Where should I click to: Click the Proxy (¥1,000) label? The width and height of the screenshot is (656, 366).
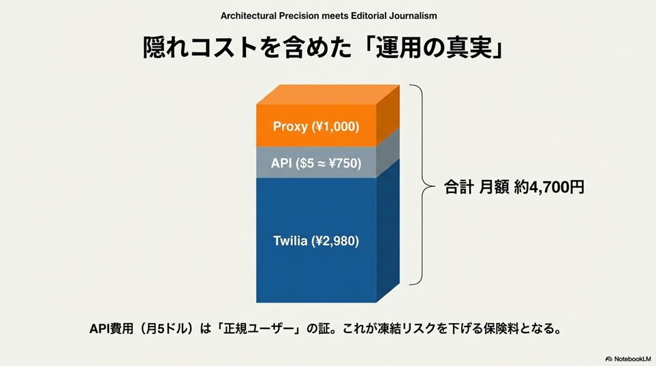tap(316, 126)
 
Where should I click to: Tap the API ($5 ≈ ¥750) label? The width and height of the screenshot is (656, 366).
tap(316, 163)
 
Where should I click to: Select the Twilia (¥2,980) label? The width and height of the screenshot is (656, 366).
tap(316, 241)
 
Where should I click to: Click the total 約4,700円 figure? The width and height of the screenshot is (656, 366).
tap(549, 187)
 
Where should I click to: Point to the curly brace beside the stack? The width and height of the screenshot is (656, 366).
tap(422, 185)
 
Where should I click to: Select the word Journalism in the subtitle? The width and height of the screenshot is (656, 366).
tap(413, 16)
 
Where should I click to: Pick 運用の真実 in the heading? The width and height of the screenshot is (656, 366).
tap(434, 48)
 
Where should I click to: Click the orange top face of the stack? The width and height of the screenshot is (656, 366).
tap(328, 94)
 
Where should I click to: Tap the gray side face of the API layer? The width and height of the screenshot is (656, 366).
tap(388, 153)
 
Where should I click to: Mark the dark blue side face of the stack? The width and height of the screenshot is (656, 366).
tap(388, 230)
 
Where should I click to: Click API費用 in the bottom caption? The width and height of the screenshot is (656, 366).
tap(111, 329)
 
